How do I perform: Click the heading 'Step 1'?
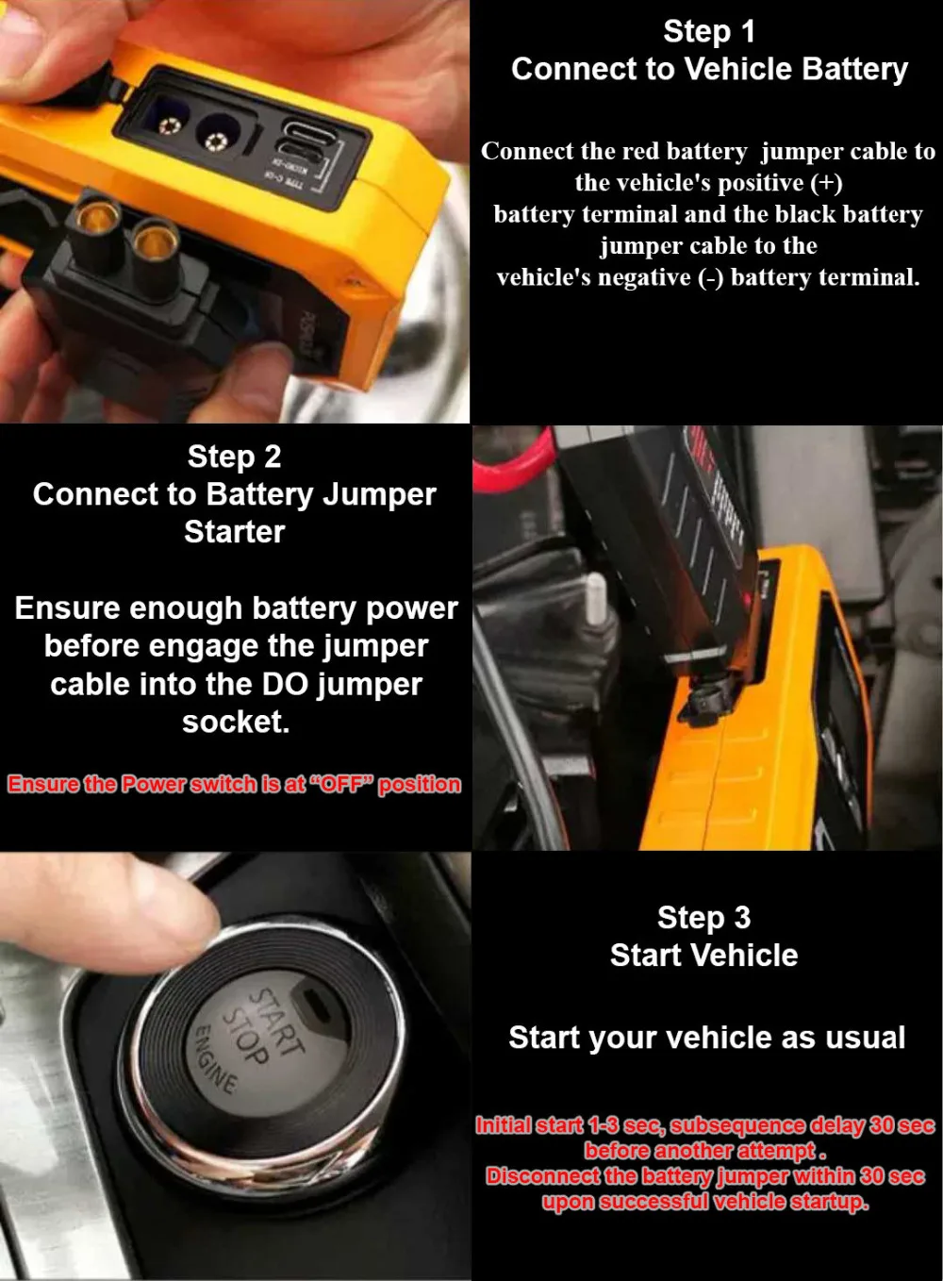(x=709, y=32)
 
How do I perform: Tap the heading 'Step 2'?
(x=235, y=457)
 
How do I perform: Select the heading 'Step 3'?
(x=704, y=918)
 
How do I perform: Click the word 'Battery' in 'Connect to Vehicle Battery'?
(x=855, y=69)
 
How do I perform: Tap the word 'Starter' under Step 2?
(x=235, y=532)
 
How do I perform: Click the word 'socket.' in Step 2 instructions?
(x=236, y=722)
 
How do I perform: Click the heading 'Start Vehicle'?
(x=704, y=956)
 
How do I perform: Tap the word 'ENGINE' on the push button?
(x=216, y=1059)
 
